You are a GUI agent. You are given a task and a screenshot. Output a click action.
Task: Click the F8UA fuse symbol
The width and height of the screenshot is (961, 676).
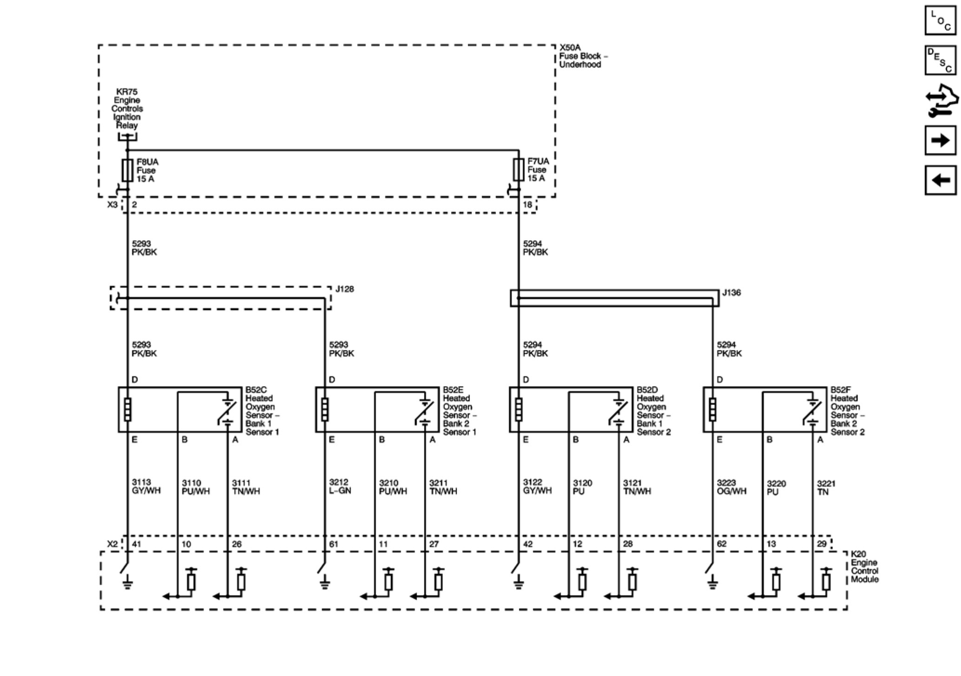(x=127, y=170)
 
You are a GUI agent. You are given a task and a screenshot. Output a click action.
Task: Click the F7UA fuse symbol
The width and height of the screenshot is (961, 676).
(x=519, y=170)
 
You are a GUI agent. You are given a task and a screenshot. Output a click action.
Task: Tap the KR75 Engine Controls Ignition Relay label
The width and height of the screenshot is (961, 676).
(x=127, y=109)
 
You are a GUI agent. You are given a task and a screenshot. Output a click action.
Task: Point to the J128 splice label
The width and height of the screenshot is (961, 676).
(x=344, y=289)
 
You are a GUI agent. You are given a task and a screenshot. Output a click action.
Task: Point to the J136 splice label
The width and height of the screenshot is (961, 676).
(x=731, y=293)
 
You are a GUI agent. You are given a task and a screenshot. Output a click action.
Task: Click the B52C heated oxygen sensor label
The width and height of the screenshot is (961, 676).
(x=262, y=411)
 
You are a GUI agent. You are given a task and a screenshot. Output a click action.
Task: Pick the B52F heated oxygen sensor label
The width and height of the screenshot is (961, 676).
(x=847, y=411)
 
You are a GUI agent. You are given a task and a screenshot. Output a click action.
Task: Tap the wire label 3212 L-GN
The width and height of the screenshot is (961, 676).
(x=340, y=486)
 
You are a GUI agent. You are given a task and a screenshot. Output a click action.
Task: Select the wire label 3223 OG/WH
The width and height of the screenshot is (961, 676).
(x=731, y=487)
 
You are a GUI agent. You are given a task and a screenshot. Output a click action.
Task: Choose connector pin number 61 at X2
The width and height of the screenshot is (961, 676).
(x=334, y=544)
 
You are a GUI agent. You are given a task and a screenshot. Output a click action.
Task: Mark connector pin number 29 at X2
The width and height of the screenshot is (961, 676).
(x=822, y=544)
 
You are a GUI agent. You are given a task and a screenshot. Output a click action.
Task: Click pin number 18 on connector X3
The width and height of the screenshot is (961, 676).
(x=527, y=205)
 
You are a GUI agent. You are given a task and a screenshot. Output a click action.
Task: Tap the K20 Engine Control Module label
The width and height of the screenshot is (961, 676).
(x=864, y=567)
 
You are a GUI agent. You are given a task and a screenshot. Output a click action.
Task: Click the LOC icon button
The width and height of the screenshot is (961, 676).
(x=941, y=20)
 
